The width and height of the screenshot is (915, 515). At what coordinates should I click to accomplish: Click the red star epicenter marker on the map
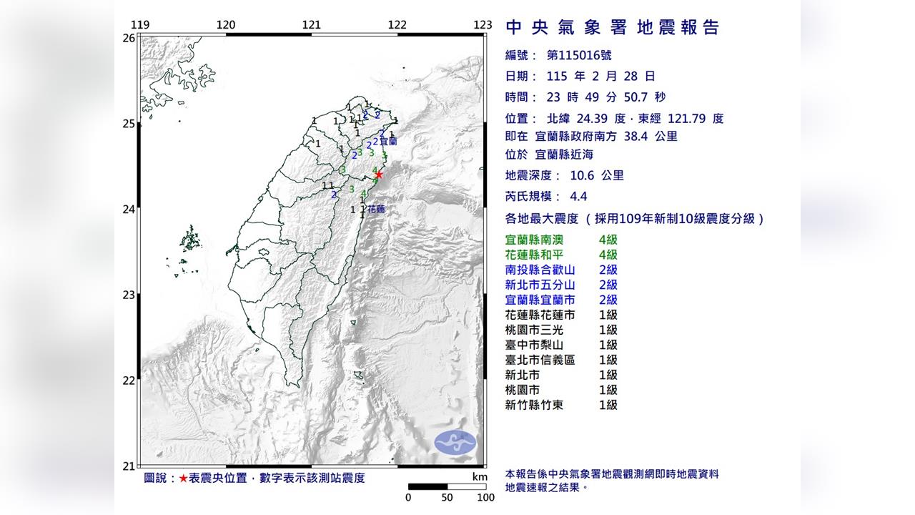coord(379,174)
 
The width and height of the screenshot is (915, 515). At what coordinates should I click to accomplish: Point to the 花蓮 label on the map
coord(376,210)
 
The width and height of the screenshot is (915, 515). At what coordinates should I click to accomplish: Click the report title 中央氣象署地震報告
coord(612,28)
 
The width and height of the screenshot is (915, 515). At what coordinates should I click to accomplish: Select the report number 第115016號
coord(578,55)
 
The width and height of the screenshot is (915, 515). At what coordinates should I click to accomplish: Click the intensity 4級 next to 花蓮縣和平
coord(608,255)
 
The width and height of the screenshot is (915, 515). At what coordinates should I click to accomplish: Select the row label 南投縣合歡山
coord(540,270)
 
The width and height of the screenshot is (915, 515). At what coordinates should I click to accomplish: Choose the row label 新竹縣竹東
coord(533,405)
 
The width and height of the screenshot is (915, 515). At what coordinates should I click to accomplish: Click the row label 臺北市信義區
coord(540,360)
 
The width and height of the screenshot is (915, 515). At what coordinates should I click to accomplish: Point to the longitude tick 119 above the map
coord(141,24)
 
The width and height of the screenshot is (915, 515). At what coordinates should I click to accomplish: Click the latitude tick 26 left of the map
coord(129,38)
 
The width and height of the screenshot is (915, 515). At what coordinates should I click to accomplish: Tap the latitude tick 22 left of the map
coord(129,380)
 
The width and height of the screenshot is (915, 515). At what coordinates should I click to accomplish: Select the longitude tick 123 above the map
coord(483,24)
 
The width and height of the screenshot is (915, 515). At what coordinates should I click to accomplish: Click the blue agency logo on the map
coord(455,441)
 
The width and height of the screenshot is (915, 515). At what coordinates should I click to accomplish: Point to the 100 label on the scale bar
coord(485,498)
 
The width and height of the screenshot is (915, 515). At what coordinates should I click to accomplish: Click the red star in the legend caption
coord(184,478)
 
